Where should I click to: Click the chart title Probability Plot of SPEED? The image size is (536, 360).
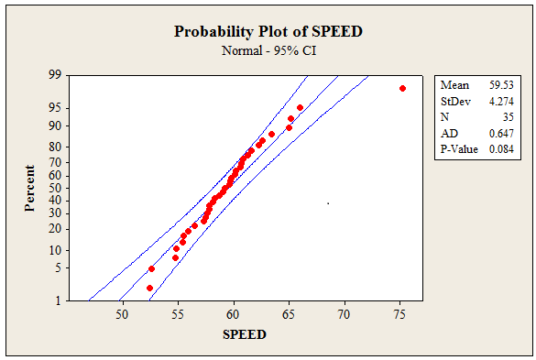click(x=268, y=31)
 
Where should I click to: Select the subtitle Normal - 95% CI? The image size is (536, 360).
click(x=268, y=50)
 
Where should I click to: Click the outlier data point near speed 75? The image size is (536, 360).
click(x=402, y=89)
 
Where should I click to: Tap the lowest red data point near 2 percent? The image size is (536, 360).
click(x=149, y=289)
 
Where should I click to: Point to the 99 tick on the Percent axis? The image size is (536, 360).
click(x=55, y=74)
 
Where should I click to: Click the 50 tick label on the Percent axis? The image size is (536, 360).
click(x=55, y=188)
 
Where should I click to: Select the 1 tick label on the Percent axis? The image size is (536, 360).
click(x=58, y=300)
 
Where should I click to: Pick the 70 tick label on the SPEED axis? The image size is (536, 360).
click(x=344, y=314)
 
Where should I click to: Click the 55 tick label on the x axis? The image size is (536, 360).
click(x=178, y=314)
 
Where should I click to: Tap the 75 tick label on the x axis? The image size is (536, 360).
click(x=399, y=314)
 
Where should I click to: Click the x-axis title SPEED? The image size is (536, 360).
click(x=245, y=334)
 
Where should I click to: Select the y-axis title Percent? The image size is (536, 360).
click(x=29, y=189)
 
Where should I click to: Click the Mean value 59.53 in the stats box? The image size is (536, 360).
click(x=501, y=85)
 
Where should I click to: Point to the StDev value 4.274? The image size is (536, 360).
click(x=501, y=102)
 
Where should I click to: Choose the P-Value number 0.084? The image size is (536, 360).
click(x=501, y=149)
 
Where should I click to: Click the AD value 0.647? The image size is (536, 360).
click(x=501, y=134)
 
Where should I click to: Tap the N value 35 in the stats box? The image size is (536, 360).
click(x=508, y=117)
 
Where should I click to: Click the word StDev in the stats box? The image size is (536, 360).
click(x=455, y=102)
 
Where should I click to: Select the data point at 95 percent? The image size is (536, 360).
click(x=300, y=108)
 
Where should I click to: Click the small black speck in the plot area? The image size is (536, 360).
click(x=328, y=203)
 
